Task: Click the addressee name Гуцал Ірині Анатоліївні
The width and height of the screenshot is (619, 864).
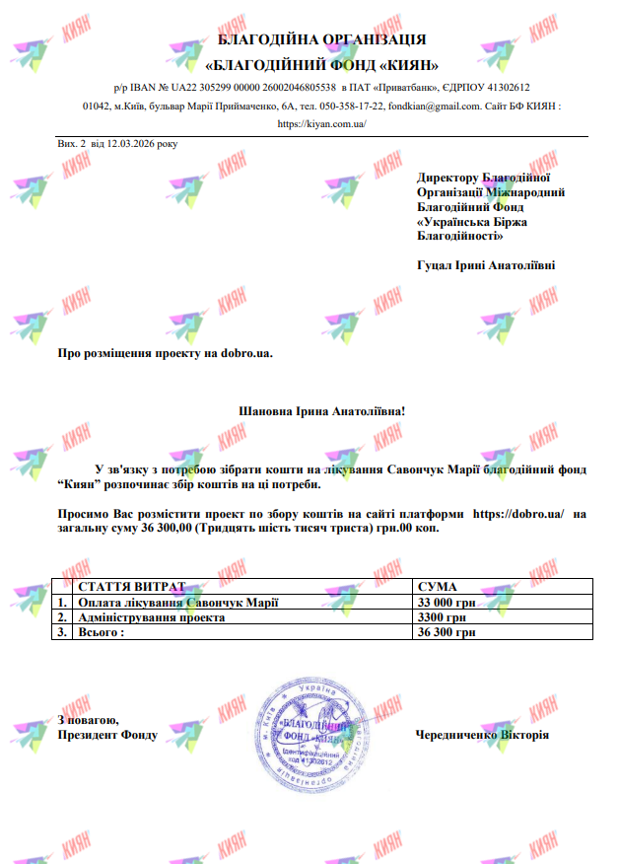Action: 486,265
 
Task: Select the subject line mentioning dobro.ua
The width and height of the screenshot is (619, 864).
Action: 165,352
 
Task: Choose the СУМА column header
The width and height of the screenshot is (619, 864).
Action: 438,587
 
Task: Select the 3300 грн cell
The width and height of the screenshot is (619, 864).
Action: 441,617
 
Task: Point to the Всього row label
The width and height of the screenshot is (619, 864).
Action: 102,632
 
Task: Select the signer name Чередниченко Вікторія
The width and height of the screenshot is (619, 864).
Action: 482,736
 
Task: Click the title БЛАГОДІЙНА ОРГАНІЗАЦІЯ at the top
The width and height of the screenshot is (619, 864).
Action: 322,39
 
